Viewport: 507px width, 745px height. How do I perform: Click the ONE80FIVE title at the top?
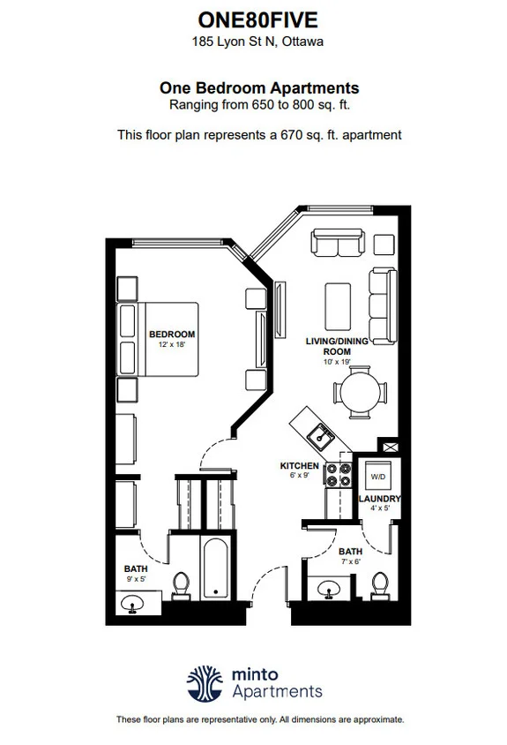point(257,20)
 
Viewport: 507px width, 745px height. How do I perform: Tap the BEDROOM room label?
point(172,334)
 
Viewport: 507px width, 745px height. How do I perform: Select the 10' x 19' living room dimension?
point(337,362)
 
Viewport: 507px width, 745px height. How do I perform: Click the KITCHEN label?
point(299,466)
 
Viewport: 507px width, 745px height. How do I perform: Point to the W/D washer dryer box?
point(378,475)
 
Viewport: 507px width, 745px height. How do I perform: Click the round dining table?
point(361,393)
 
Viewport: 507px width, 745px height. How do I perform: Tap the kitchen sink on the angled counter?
point(320,437)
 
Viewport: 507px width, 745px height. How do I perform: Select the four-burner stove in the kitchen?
point(339,475)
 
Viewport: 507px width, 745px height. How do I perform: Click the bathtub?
point(215,568)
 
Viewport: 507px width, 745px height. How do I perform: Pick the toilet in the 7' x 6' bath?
point(380,585)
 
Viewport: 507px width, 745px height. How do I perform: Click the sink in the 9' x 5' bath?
point(132,605)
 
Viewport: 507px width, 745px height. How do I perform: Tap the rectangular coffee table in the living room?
point(338,306)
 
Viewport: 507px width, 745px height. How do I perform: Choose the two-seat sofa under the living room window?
point(338,243)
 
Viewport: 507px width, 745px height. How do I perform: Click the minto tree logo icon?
point(205,683)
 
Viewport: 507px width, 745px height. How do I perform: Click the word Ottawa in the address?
point(302,41)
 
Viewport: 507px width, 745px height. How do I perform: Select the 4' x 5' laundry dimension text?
point(380,508)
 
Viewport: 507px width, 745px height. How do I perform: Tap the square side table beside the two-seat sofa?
point(384,245)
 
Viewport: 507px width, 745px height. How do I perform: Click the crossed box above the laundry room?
point(391,448)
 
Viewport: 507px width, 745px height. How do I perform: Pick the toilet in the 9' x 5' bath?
point(181,585)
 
